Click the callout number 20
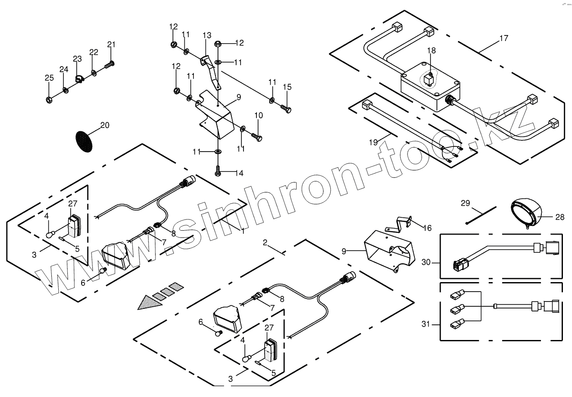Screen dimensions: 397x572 104,125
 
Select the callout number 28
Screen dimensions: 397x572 559,217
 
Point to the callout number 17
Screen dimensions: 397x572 503,38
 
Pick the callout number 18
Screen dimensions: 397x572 431,51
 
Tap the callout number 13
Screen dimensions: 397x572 207,35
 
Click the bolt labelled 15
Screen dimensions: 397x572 285,108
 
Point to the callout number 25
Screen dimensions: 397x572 49,78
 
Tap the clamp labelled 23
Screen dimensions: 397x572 79,79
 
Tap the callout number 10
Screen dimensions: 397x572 259,115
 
